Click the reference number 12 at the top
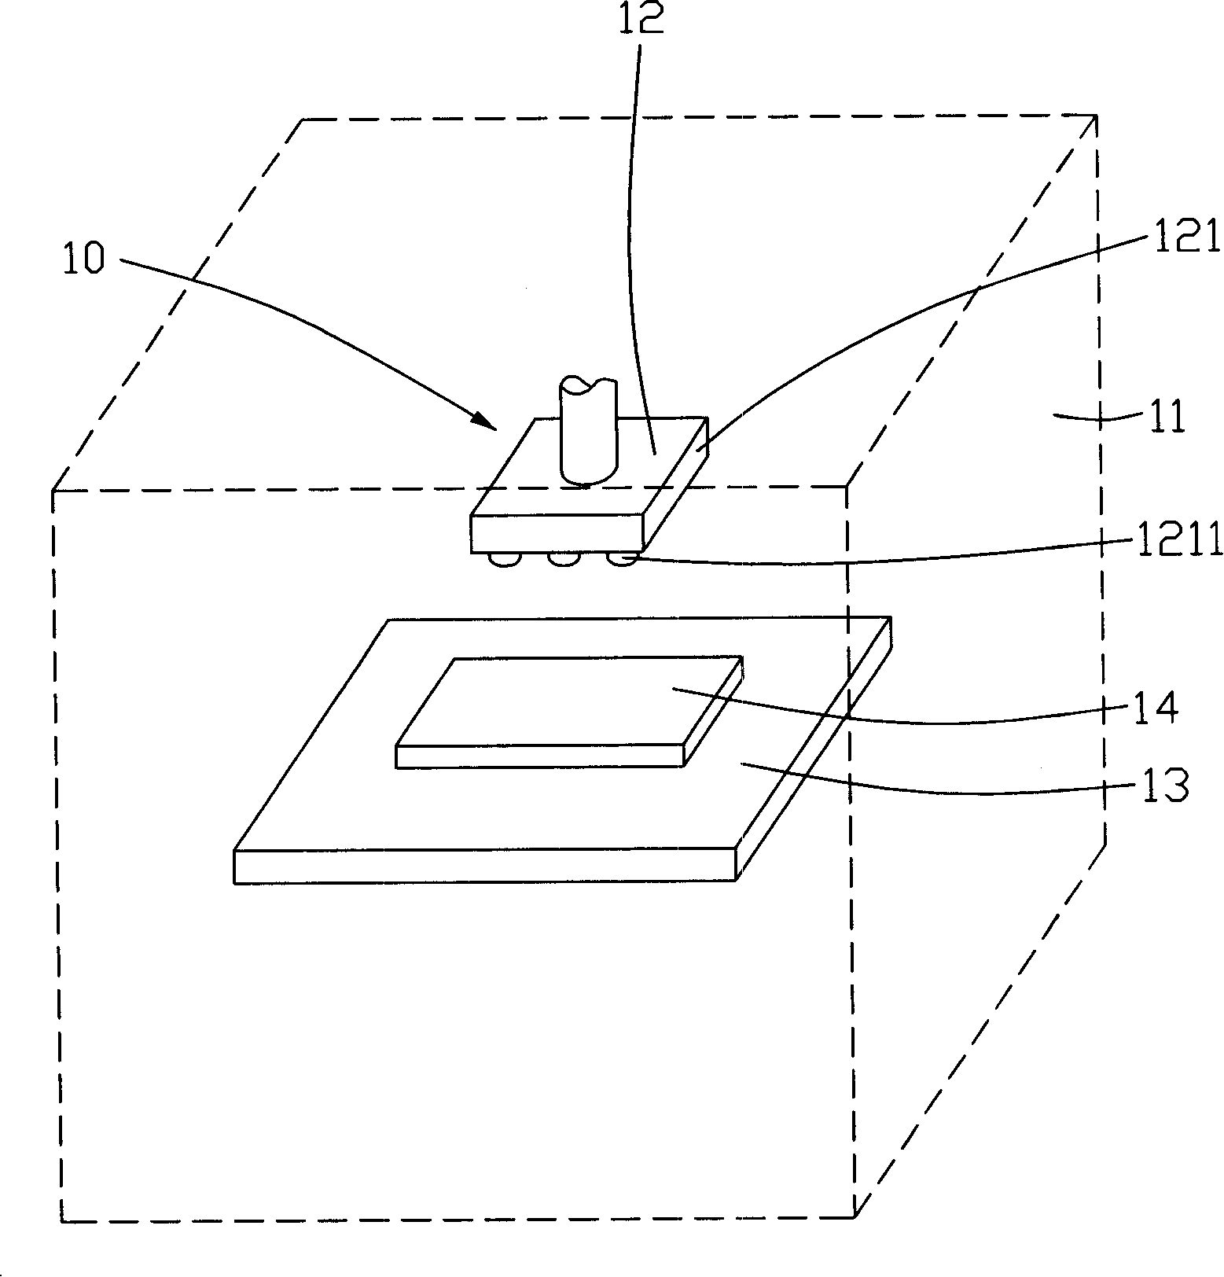pos(641,19)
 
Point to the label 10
pos(83,259)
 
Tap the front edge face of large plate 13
pos(484,866)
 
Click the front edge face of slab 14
pos(539,756)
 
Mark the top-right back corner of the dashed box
pos(1094,116)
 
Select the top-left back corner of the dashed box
pos(303,120)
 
